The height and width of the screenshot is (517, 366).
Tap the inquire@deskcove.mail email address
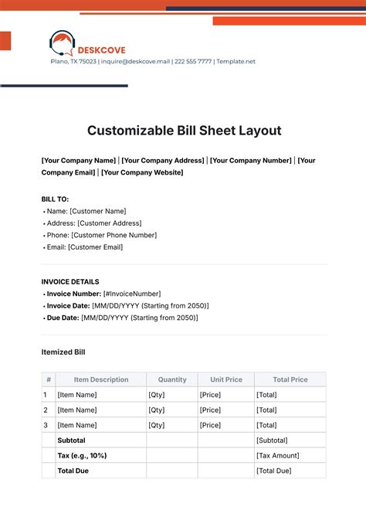[135, 62]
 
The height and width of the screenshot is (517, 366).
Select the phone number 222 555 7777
[193, 62]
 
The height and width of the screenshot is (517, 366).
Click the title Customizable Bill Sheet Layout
[183, 131]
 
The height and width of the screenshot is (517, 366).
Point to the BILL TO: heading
[55, 199]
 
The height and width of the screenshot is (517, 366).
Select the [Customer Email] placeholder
[95, 247]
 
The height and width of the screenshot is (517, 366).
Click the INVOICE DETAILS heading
[69, 282]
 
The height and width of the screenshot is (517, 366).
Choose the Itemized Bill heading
[63, 352]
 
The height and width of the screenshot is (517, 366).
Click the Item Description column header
[101, 379]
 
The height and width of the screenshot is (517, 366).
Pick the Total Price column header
[290, 379]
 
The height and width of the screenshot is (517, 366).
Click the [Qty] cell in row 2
[157, 410]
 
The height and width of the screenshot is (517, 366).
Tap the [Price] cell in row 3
[210, 425]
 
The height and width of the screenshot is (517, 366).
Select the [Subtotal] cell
[272, 440]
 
